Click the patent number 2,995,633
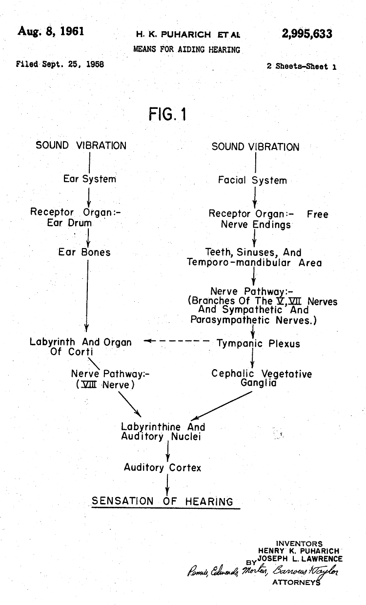tap(307, 33)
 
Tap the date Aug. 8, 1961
tap(51, 31)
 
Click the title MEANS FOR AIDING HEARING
tap(187, 49)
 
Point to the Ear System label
tap(90, 179)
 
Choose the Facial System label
tap(252, 180)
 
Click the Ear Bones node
tap(84, 252)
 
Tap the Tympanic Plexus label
tap(259, 343)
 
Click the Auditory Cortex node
tap(163, 467)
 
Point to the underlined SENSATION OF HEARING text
tap(163, 501)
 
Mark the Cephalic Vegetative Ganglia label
tap(262, 378)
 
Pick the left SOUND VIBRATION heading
tap(81, 146)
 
